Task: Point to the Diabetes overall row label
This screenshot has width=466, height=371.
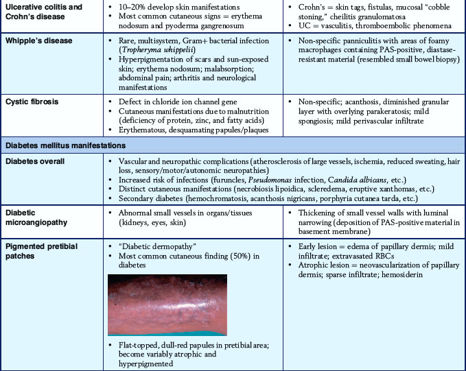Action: (36, 160)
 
